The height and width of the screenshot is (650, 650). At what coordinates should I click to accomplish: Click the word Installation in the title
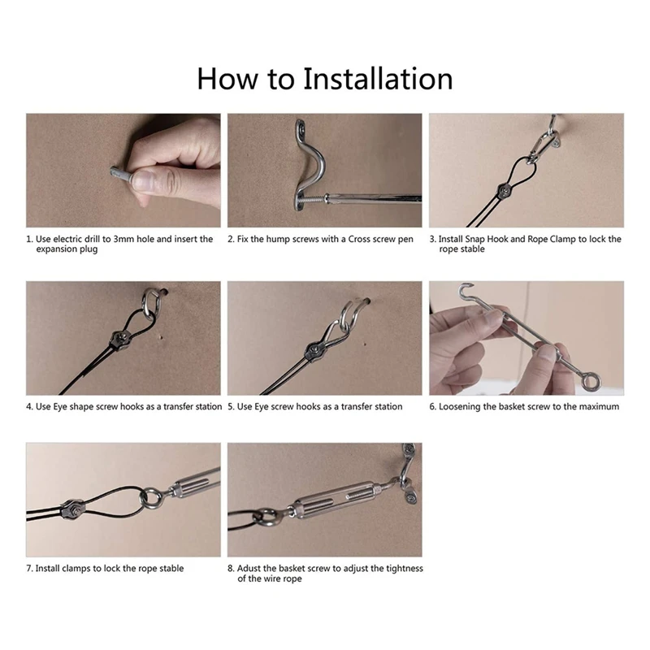click(x=378, y=78)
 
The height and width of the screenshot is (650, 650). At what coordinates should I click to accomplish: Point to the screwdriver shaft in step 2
click(x=373, y=198)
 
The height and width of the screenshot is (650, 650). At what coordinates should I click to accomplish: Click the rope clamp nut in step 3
click(x=505, y=190)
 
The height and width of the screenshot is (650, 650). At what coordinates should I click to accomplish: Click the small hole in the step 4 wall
click(x=160, y=337)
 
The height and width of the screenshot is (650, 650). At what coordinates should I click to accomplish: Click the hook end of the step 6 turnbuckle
click(x=466, y=290)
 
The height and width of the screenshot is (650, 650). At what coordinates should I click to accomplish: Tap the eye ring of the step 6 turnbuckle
click(x=590, y=380)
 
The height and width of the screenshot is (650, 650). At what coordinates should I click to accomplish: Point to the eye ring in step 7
click(x=150, y=499)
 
